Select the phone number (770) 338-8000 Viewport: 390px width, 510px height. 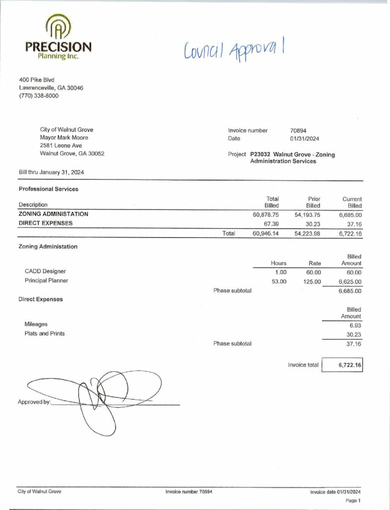coord(38,96)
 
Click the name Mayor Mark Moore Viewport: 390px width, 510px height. coord(64,137)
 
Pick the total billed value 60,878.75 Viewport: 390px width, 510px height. coord(266,214)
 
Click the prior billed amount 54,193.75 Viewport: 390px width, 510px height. coord(306,214)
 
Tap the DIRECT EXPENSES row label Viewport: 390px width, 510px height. coord(45,223)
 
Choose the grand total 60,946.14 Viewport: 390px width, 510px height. coord(266,233)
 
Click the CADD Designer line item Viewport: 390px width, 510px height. coord(45,271)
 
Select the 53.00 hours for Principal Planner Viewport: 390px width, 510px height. coord(279,281)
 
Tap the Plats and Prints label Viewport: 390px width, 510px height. coord(44,333)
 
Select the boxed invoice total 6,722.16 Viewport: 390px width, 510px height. coord(349,365)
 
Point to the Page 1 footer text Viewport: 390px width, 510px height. coord(352,501)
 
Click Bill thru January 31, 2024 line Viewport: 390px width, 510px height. coord(51,172)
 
